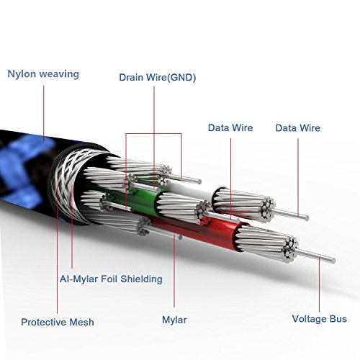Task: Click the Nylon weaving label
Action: click(x=43, y=74)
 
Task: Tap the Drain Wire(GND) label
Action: click(x=158, y=77)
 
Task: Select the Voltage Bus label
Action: click(x=320, y=319)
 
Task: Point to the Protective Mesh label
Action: click(x=58, y=322)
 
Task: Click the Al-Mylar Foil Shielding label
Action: click(x=111, y=279)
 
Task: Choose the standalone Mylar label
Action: click(x=174, y=320)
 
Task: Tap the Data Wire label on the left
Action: click(x=230, y=127)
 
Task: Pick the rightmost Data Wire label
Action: click(x=297, y=128)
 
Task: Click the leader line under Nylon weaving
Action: click(x=44, y=113)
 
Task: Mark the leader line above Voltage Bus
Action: click(x=320, y=284)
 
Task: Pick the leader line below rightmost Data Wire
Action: click(x=298, y=178)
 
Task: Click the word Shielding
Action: click(x=141, y=279)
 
